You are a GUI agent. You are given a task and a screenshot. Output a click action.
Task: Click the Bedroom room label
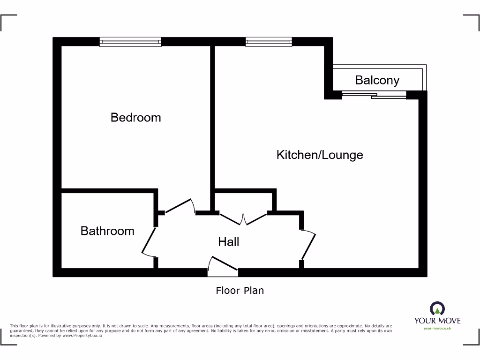click(x=135, y=117)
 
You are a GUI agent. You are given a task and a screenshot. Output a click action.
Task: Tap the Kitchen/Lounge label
click(x=320, y=155)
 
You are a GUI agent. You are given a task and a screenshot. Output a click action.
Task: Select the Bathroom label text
click(x=107, y=231)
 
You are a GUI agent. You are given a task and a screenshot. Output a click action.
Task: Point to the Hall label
click(x=229, y=242)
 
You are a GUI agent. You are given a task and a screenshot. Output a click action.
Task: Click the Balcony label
click(x=377, y=80)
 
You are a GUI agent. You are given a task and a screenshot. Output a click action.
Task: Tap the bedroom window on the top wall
click(x=130, y=42)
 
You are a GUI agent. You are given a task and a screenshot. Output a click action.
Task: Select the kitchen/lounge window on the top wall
click(x=269, y=42)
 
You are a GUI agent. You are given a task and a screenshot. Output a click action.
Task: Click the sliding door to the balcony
click(x=374, y=95)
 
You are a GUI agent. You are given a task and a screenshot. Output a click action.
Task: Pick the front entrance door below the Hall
click(x=223, y=265)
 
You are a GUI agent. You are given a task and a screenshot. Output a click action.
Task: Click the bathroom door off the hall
click(x=149, y=241)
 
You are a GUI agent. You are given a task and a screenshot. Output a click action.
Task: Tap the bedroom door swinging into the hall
click(x=180, y=207)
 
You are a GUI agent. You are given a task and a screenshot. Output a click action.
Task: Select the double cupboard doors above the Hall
click(x=243, y=218)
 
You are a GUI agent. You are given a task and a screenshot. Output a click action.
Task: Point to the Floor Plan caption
click(x=240, y=291)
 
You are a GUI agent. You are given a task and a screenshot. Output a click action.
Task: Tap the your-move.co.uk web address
click(x=437, y=329)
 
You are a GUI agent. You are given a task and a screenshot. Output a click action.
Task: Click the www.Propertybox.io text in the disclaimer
click(x=82, y=336)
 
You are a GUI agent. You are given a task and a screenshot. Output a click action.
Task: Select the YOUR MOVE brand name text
click(x=437, y=321)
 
